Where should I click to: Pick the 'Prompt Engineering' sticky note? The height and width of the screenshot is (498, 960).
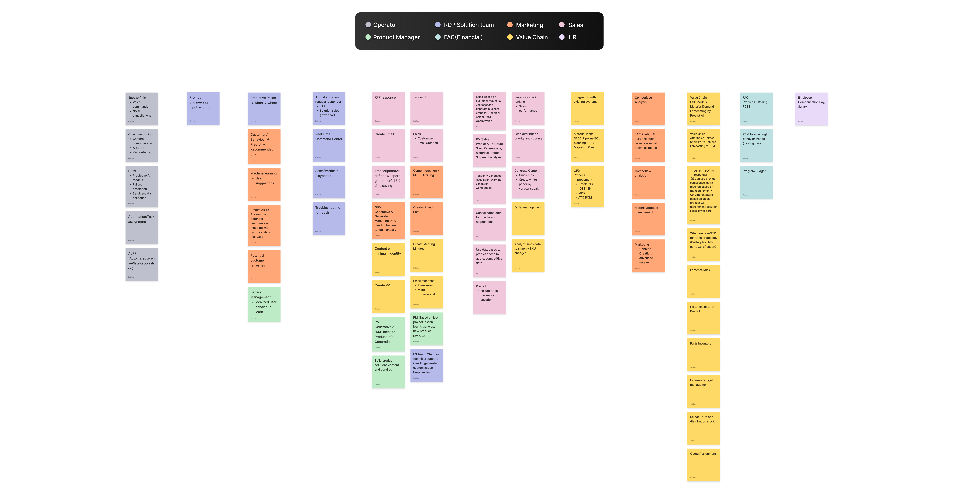203,108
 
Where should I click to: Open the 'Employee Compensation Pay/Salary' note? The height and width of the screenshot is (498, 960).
811,109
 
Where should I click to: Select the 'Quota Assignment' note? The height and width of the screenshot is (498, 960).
703,465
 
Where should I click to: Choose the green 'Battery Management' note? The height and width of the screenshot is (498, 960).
264,304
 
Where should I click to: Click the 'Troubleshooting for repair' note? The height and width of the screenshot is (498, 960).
329,219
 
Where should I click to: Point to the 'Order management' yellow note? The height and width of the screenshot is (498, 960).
528,219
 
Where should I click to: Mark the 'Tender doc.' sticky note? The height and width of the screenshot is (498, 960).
426,108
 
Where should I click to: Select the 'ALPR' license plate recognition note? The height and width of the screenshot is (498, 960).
142,264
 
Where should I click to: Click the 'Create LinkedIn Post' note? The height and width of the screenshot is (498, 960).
426,219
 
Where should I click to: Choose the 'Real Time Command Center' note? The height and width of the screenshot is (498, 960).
329,145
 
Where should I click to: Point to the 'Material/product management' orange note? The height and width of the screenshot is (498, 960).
648,219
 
